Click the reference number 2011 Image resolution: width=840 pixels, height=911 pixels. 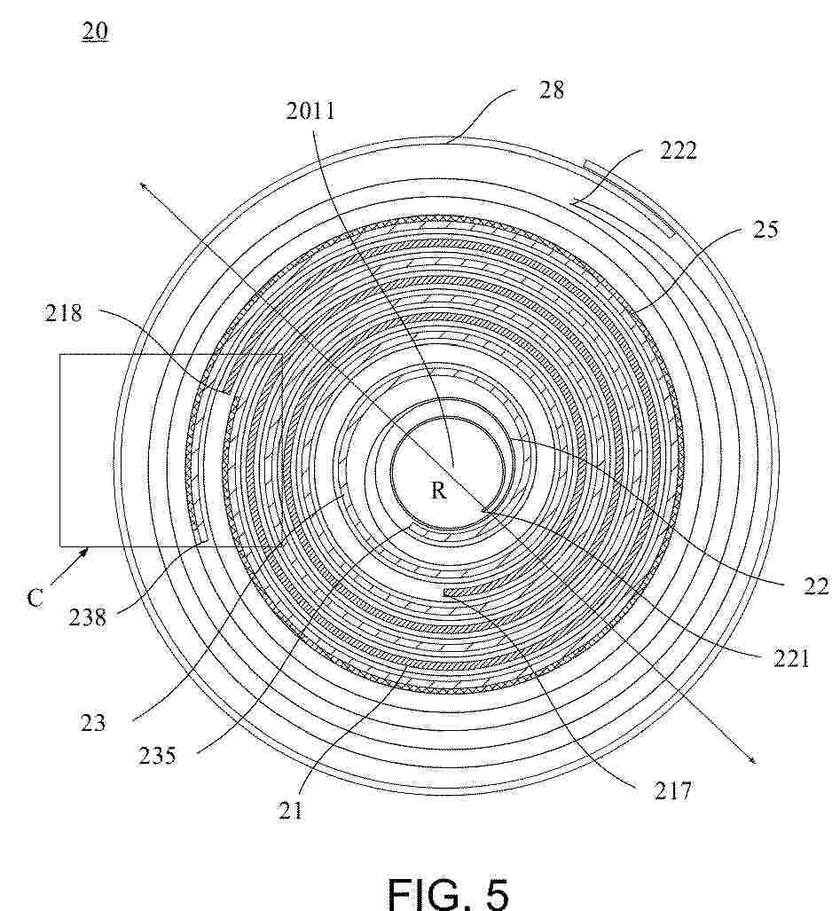tap(310, 110)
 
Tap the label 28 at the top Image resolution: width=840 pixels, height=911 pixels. tap(551, 90)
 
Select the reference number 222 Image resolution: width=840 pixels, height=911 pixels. tap(678, 151)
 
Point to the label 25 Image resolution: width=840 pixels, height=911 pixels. tap(765, 230)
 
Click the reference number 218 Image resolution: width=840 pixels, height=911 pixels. tap(64, 314)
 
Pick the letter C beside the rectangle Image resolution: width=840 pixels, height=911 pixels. tap(35, 597)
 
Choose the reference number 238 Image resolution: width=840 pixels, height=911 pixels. tap(88, 617)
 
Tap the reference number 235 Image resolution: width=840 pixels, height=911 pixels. tap(157, 756)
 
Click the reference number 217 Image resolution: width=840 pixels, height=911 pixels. tap(672, 790)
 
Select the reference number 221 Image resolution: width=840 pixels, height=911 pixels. tap(791, 658)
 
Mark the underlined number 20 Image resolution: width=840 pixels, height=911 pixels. tap(95, 31)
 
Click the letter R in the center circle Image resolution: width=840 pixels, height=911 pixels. tap(438, 491)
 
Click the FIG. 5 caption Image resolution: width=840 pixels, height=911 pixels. tap(448, 892)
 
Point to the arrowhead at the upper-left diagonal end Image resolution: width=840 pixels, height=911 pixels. tap(142, 185)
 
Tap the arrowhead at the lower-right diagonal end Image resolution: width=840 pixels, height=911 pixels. tap(753, 758)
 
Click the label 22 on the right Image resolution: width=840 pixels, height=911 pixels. tap(815, 587)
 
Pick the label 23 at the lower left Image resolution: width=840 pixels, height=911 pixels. tap(93, 723)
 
